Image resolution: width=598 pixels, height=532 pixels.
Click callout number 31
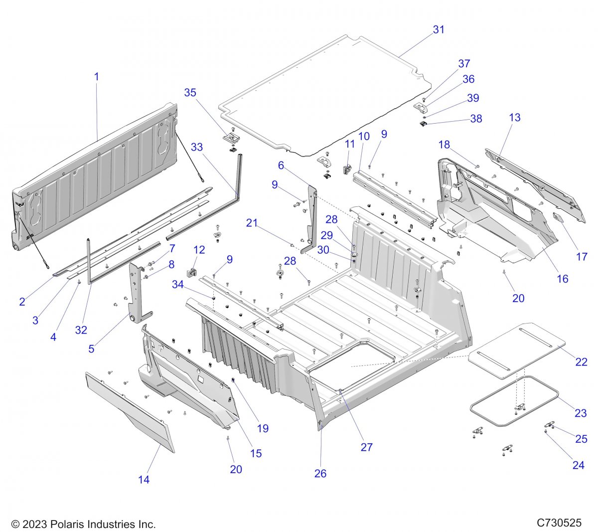point(438,29)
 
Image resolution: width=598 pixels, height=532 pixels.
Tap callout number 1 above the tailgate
point(96,77)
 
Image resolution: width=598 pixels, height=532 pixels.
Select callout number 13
point(515,117)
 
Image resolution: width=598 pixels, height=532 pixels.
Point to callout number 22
point(581,362)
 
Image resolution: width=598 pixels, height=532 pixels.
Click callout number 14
point(144,480)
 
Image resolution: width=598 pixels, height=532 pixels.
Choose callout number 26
point(320,473)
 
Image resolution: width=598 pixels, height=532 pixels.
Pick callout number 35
point(190,92)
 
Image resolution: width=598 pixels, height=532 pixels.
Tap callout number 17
point(582,257)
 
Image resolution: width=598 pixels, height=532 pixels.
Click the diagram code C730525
point(559,523)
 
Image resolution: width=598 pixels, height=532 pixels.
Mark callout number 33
point(197,147)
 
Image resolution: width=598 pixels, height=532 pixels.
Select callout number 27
point(366,447)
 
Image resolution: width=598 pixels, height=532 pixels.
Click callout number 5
point(91,349)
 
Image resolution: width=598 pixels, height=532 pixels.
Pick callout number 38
point(476,119)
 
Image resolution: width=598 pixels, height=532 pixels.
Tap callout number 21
point(252,223)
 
